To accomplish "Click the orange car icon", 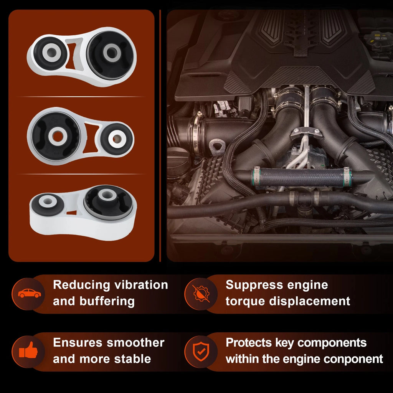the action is point(29,293).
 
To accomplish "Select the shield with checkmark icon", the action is point(201,352).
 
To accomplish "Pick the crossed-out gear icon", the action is point(201,294).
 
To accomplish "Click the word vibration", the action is point(141,285).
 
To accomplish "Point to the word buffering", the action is point(107,302).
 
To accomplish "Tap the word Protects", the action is point(249,343).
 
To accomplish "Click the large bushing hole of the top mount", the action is point(111,53).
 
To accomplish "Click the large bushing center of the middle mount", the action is point(58,136).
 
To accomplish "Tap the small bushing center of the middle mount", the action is point(117,138).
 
